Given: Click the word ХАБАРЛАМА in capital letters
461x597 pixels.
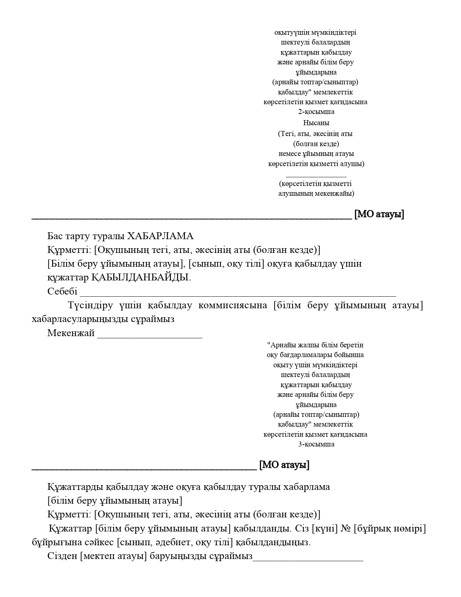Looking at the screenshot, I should point(161,236).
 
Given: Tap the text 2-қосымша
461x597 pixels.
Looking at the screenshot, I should point(316,112).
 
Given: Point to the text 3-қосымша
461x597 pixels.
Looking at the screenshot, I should point(316,444).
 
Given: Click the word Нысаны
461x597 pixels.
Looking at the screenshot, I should point(316,123).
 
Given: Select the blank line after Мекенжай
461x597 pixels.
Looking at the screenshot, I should point(150,335).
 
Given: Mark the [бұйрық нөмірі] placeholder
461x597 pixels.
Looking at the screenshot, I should point(390,529).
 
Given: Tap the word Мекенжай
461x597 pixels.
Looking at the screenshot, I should point(71,333).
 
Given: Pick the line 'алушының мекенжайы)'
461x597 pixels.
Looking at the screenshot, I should point(316,194).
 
